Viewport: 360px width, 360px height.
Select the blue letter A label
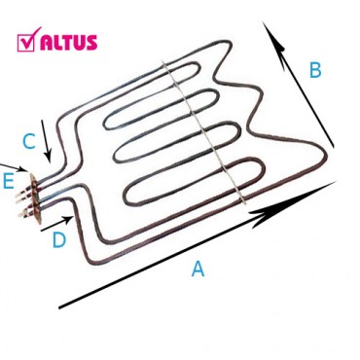[198, 270]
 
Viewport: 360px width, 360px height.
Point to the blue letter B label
[314, 70]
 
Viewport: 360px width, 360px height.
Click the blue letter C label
[28, 142]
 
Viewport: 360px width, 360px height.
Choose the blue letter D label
[58, 239]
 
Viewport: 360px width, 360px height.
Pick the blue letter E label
[8, 180]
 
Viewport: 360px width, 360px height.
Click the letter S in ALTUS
[90, 42]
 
